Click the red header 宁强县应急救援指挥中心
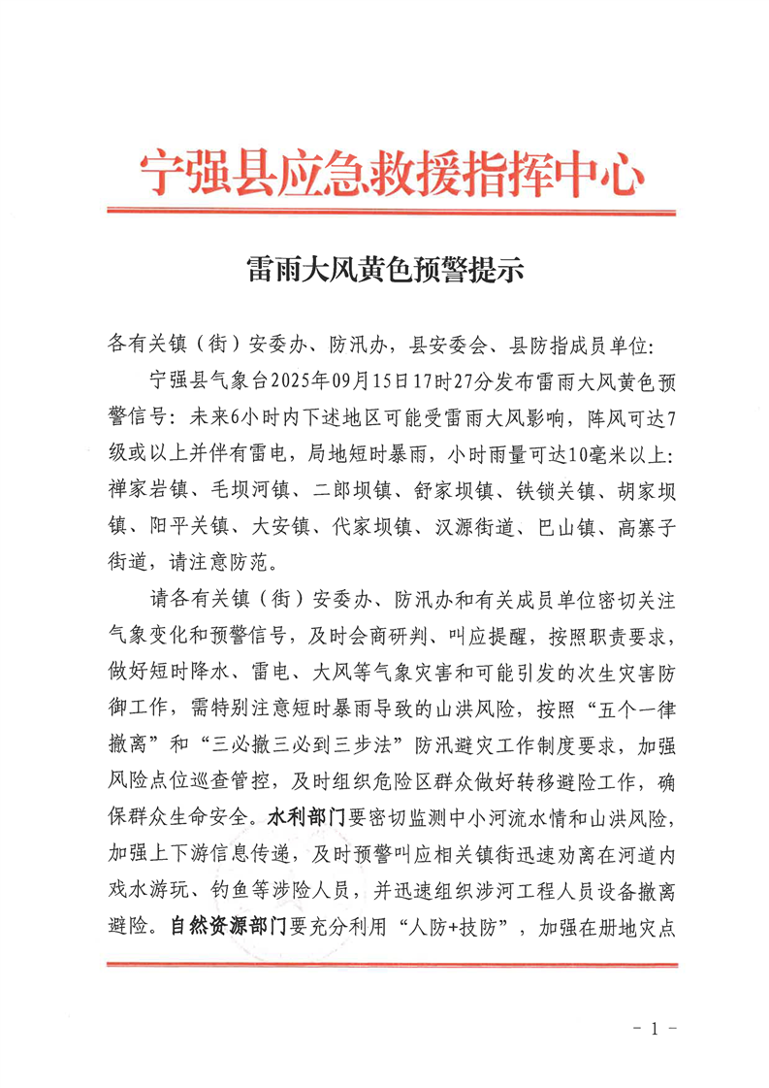pos(391,174)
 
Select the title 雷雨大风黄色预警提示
pos(385,271)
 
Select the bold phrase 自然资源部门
pos(227,926)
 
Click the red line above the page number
pos(390,964)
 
